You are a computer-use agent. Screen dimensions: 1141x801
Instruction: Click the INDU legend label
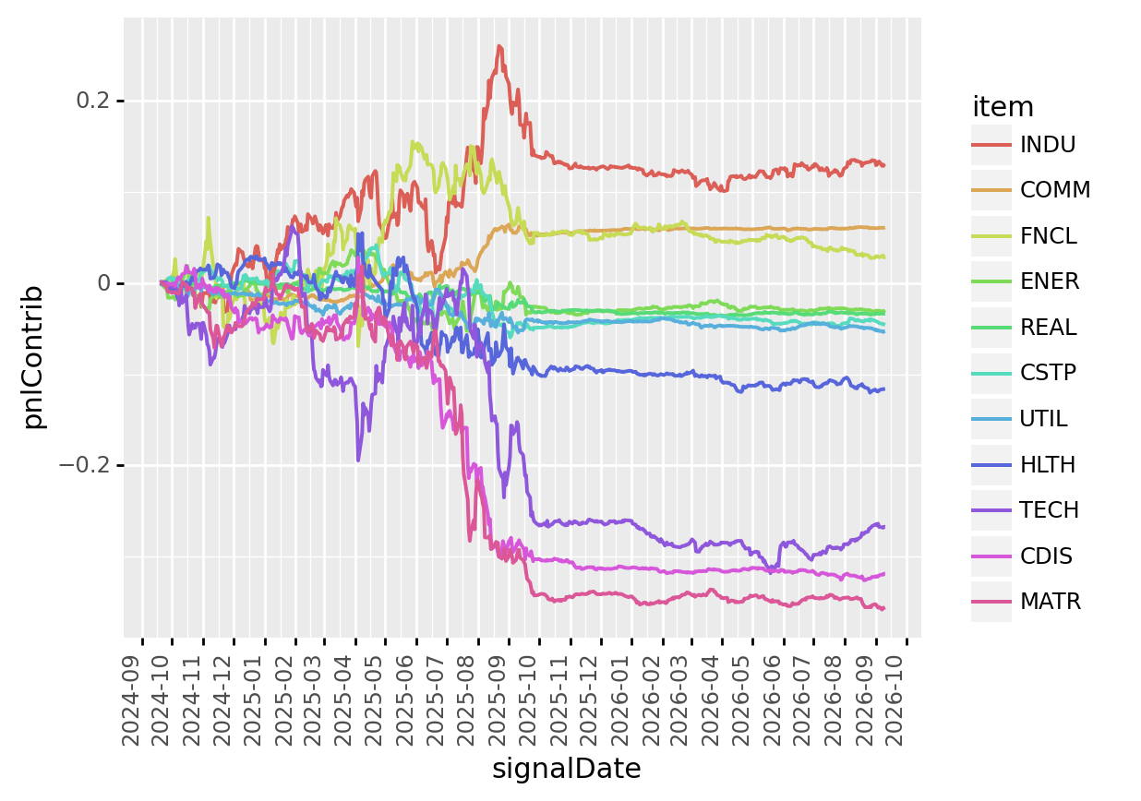click(1047, 145)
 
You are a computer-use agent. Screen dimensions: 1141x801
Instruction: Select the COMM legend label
click(1055, 190)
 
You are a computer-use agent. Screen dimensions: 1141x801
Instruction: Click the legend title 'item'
click(1003, 107)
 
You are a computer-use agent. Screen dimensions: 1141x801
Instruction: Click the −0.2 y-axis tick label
click(85, 465)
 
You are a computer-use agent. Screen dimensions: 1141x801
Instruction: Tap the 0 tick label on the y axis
click(104, 283)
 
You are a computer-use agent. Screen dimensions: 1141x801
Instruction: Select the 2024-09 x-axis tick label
click(131, 701)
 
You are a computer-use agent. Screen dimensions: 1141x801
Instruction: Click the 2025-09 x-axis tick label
click(498, 701)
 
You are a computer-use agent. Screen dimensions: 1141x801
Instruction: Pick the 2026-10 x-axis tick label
click(895, 701)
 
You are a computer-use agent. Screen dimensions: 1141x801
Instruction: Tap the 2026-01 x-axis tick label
click(620, 701)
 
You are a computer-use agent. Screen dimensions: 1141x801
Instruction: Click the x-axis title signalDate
click(567, 769)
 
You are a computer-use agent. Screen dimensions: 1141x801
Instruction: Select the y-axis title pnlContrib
click(33, 356)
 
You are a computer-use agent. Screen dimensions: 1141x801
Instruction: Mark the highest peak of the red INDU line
click(499, 46)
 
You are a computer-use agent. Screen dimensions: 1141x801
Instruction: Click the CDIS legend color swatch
click(991, 556)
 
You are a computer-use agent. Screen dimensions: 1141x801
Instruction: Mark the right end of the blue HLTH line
click(884, 389)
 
